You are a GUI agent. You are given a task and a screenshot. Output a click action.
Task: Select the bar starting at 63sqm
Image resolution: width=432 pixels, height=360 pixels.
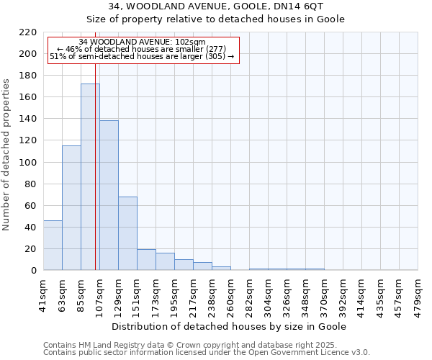pos(71,208)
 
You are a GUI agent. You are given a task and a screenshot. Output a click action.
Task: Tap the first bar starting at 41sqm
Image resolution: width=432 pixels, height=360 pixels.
pos(53,246)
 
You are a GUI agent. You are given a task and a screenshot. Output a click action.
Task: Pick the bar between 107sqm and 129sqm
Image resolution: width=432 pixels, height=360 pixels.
pos(109,195)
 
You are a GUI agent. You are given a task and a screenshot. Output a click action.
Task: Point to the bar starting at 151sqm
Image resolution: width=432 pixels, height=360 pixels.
pos(146,260)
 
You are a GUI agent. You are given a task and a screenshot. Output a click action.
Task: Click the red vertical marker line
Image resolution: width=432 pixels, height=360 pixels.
pos(95,180)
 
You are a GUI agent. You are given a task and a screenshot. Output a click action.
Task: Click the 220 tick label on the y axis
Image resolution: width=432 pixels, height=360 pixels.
pos(28,32)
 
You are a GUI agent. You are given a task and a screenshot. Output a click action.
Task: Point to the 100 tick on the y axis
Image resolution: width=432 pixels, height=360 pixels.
pos(28,163)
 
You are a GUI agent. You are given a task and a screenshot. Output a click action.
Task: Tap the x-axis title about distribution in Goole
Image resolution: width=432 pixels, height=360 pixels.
pos(230,326)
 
